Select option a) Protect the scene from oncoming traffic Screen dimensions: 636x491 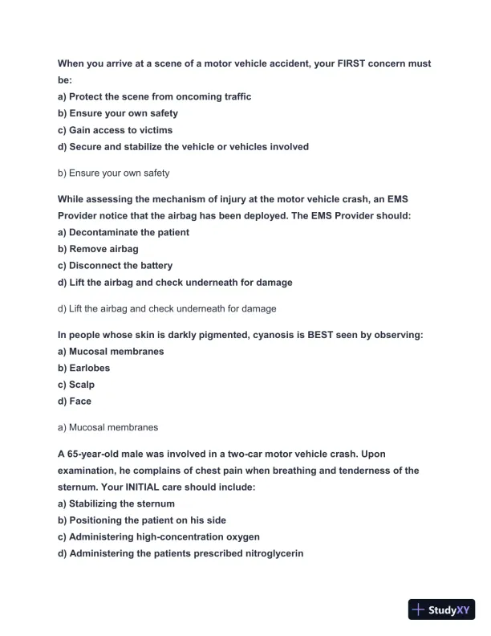coord(154,96)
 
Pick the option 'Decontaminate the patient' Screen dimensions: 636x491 coord(124,232)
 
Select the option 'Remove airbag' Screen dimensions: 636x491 coord(98,249)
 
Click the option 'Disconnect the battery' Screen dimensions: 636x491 coord(115,265)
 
